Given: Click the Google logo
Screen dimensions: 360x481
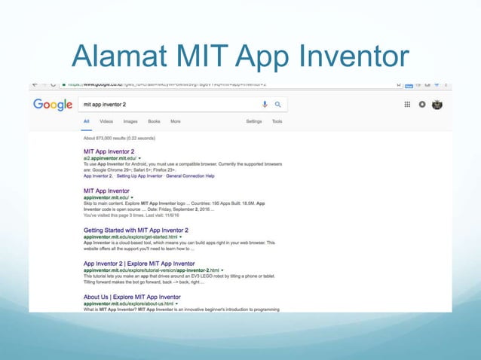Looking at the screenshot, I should coord(53,105).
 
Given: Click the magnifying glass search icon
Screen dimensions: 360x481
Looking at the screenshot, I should coord(277,105).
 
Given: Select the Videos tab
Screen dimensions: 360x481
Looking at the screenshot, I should coord(106,121).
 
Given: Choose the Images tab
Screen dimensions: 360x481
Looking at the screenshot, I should coord(130,121).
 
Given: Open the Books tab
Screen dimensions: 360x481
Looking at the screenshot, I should coord(154,121).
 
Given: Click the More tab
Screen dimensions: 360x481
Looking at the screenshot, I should coord(176,121).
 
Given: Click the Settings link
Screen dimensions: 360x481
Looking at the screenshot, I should coord(254,121).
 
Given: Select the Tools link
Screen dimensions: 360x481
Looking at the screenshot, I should coord(277,121).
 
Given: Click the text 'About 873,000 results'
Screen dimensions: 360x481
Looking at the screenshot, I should coord(119,138).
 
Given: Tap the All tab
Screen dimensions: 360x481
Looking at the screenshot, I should coord(87,121).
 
